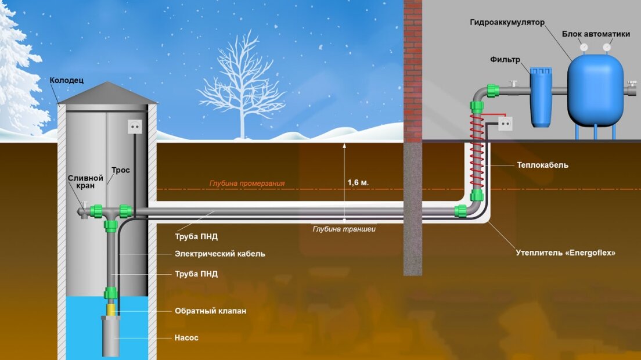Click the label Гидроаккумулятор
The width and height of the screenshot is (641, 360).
(x=507, y=23)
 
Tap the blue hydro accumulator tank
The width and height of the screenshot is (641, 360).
(x=595, y=90)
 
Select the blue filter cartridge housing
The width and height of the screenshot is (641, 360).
(x=541, y=97)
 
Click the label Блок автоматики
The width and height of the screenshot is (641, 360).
(x=596, y=34)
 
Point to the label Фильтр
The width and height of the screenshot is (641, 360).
(x=505, y=60)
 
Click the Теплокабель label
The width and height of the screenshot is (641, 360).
(x=542, y=165)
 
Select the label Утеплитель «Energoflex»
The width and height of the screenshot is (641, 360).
(x=566, y=253)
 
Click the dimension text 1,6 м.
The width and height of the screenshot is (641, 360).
(x=358, y=182)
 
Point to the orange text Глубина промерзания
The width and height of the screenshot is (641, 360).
(x=247, y=183)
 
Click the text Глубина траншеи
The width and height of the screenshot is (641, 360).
(x=344, y=229)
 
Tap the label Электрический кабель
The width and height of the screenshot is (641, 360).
(x=220, y=254)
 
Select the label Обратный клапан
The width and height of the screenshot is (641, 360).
(x=211, y=311)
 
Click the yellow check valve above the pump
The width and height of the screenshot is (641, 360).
(x=111, y=308)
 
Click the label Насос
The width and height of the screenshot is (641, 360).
(x=186, y=338)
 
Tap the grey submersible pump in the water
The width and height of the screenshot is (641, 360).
(x=110, y=336)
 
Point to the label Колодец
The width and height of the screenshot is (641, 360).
(x=67, y=80)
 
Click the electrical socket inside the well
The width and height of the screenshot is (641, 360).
(x=135, y=127)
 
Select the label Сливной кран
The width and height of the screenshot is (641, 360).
(x=85, y=182)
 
